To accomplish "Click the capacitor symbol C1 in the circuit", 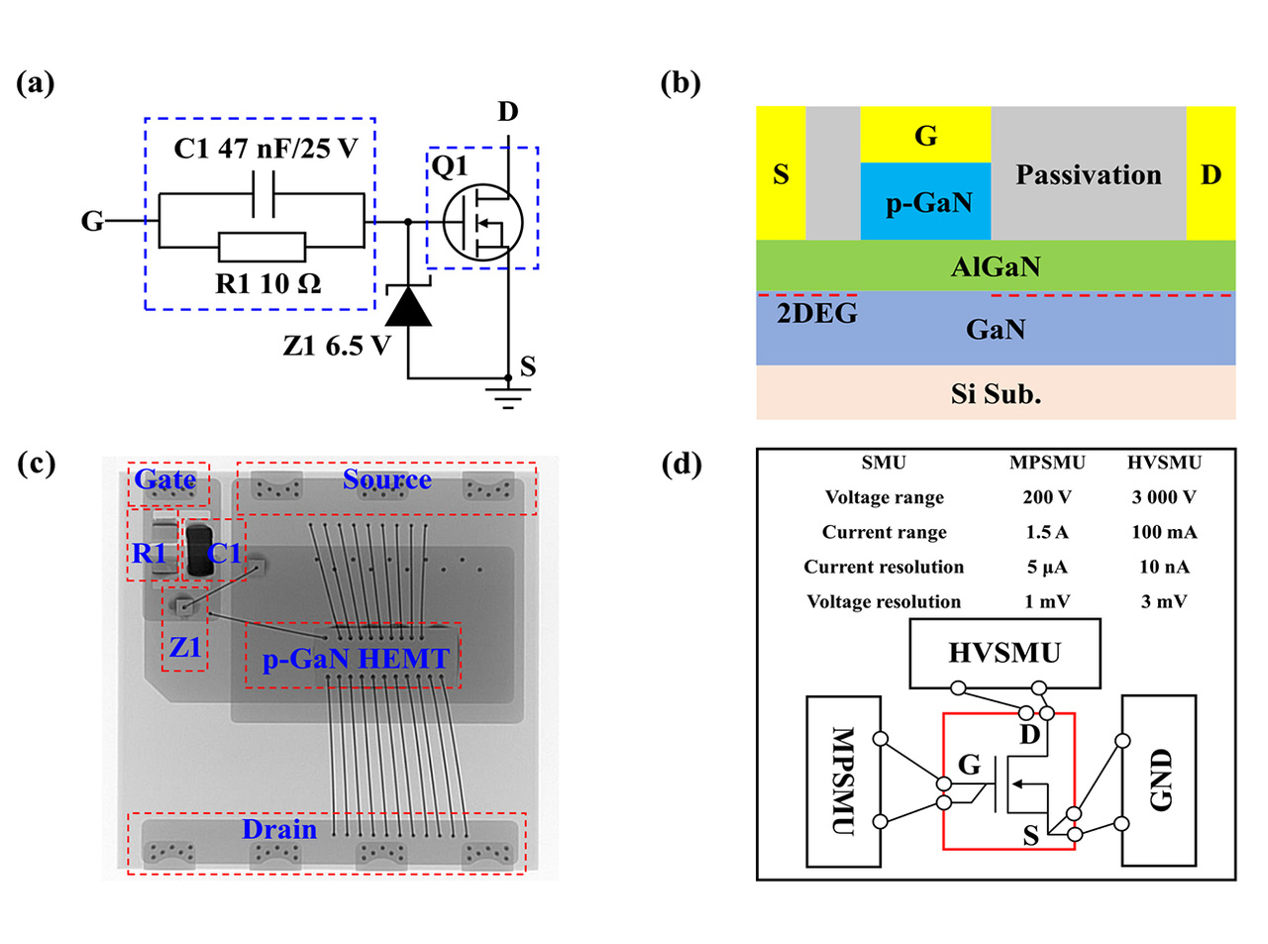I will click(x=264, y=194).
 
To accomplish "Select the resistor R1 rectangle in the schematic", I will click(x=262, y=247).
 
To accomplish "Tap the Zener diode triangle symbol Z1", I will click(x=408, y=307).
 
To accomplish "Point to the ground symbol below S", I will click(x=508, y=398).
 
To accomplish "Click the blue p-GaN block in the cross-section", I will click(x=925, y=202).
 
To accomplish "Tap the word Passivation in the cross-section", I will click(x=1088, y=175).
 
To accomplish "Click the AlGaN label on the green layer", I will click(x=996, y=266).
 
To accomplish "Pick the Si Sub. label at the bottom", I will click(x=996, y=394).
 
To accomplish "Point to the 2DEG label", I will click(x=816, y=314).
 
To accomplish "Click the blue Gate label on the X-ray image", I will click(x=165, y=479).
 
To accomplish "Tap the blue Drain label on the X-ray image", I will click(x=279, y=829).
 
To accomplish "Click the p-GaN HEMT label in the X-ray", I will click(x=355, y=659).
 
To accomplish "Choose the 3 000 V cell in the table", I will click(x=1163, y=497).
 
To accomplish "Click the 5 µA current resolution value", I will click(x=1046, y=567).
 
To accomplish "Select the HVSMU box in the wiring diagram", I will click(x=1004, y=653).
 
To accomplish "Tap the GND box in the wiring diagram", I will click(x=1158, y=780).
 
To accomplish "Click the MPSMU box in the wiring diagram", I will click(x=843, y=781).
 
